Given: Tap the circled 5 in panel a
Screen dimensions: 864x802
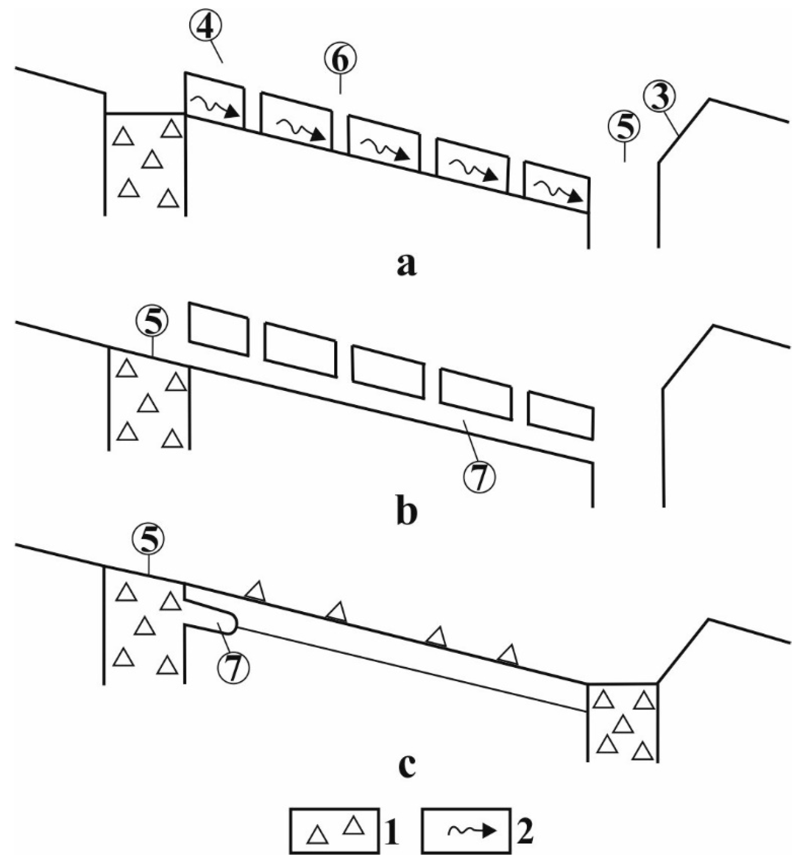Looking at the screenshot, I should pos(624,127).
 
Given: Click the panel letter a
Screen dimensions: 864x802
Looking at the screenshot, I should pos(406,266).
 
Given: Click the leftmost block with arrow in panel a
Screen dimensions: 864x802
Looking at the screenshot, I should pos(215,100).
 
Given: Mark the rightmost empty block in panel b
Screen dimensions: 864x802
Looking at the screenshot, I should pos(561,414).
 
